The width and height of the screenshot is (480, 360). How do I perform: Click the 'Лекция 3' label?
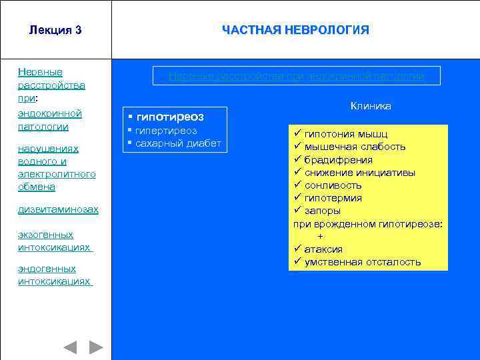click(55, 30)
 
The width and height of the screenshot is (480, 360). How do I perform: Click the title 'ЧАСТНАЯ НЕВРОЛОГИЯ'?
click(295, 30)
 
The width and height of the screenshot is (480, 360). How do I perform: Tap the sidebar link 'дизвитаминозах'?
click(58, 209)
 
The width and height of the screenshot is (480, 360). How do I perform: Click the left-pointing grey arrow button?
click(70, 347)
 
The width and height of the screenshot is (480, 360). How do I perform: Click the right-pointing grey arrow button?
click(96, 347)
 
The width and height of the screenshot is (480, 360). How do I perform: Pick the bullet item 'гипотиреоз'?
click(170, 117)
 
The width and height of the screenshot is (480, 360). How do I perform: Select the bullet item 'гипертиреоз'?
click(167, 131)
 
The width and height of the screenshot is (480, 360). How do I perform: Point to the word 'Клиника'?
click(371, 106)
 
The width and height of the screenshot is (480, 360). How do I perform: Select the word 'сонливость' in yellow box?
click(333, 185)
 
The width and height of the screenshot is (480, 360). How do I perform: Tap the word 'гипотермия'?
click(333, 198)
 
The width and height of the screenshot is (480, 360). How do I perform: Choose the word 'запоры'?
click(323, 211)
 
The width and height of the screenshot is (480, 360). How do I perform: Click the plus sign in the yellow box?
click(321, 237)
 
